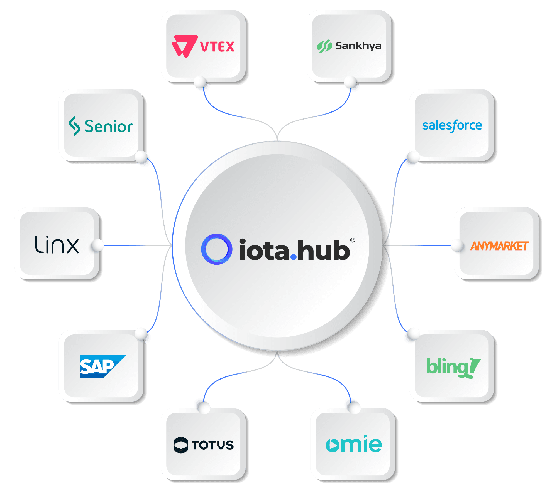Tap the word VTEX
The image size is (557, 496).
pyautogui.click(x=217, y=47)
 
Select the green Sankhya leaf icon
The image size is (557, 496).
pyautogui.click(x=324, y=46)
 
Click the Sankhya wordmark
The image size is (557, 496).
pyautogui.click(x=358, y=46)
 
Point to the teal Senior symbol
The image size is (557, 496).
pyautogui.click(x=74, y=126)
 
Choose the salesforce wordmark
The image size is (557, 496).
pyautogui.click(x=452, y=126)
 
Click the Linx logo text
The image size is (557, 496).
pyautogui.click(x=57, y=245)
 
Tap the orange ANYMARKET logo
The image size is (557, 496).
pyautogui.click(x=499, y=246)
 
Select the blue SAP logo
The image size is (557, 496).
pyautogui.click(x=102, y=366)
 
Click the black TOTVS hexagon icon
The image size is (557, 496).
pyautogui.click(x=181, y=445)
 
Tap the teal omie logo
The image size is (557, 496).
pyautogui.click(x=354, y=444)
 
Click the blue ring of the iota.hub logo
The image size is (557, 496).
pyautogui.click(x=216, y=249)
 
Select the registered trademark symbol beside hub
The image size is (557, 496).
pyautogui.click(x=353, y=240)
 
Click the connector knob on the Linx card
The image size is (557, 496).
pyautogui.click(x=97, y=245)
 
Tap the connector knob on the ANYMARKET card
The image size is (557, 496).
pyautogui.click(x=457, y=245)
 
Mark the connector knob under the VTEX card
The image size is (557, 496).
pyautogui.click(x=200, y=82)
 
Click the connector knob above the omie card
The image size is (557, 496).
pyautogui.click(x=354, y=408)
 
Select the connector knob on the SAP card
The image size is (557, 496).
pyautogui.click(x=141, y=333)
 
